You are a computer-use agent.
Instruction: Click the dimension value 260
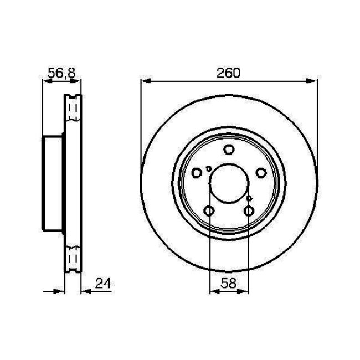coord(229,72)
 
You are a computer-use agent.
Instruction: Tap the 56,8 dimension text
coord(61,73)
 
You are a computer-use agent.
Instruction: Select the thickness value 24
coord(101,284)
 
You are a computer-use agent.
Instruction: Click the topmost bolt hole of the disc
coord(229,149)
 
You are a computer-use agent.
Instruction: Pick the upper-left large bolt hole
coord(197,173)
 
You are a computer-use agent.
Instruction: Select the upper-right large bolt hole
coord(261,173)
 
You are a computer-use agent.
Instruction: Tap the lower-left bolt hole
coord(209,211)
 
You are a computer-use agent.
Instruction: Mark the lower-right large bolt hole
coord(249,211)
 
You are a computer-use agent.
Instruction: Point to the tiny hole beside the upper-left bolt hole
coord(208,169)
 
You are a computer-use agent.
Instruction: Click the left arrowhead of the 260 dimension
coord(145,81)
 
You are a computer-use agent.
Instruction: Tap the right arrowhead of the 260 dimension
coord(314,81)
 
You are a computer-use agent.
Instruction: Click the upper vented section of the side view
coord(73,110)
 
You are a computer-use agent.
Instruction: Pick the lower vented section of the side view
coord(73,258)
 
